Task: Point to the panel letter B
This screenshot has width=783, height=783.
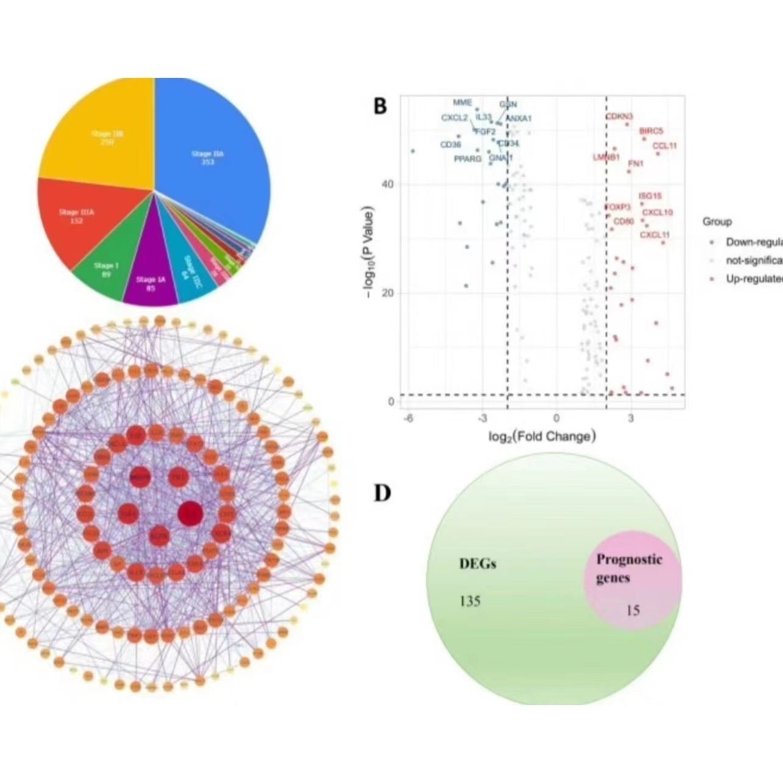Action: pos(380,106)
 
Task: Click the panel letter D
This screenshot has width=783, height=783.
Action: pos(382,493)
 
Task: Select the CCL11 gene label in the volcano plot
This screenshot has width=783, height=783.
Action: pos(664,146)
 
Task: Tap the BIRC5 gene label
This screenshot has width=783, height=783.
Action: pos(651,131)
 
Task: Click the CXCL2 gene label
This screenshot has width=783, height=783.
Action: pos(454,118)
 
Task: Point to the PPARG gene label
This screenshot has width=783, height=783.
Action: pos(467,159)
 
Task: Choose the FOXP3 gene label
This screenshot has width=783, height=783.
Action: pos(617,208)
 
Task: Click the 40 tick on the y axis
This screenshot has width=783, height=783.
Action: pos(387,184)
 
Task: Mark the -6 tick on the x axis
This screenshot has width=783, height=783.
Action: pos(409,418)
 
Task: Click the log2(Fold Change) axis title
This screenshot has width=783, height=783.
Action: pos(542,436)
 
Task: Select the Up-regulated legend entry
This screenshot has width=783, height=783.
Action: pos(753,278)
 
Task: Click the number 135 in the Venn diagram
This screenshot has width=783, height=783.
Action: pos(470,602)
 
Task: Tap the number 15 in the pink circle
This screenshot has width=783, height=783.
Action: pos(633,609)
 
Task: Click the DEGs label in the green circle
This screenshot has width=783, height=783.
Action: pos(477,564)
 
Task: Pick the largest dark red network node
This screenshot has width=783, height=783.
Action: pos(190,513)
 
